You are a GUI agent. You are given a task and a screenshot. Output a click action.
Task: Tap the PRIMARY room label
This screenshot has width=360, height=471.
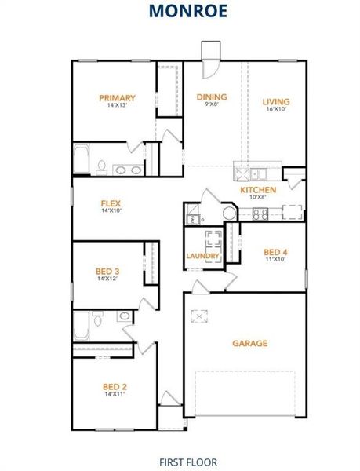(117, 98)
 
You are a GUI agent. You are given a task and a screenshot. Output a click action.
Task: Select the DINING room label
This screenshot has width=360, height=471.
(212, 97)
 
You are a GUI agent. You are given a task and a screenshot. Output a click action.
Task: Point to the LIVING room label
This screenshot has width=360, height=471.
(275, 101)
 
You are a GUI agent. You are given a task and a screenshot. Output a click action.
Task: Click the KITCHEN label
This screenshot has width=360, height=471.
(258, 190)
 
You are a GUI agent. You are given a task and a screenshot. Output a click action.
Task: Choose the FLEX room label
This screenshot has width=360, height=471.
(111, 203)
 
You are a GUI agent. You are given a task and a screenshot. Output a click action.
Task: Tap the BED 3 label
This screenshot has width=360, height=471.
(107, 271)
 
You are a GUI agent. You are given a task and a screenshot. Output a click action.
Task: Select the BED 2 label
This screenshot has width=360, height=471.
(115, 386)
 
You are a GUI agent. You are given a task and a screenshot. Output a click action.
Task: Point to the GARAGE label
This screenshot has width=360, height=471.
(249, 343)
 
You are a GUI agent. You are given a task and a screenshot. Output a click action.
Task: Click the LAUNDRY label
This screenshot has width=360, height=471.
(202, 256)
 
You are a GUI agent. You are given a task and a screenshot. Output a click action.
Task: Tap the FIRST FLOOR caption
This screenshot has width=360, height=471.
(187, 462)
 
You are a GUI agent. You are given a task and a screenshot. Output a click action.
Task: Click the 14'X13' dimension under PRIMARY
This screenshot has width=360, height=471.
(117, 106)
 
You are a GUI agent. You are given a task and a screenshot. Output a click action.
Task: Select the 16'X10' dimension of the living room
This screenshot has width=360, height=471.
(275, 109)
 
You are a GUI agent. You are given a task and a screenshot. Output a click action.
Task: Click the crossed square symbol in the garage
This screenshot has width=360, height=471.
(202, 316)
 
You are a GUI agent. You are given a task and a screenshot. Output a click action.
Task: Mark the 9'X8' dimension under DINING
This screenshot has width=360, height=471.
(212, 105)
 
